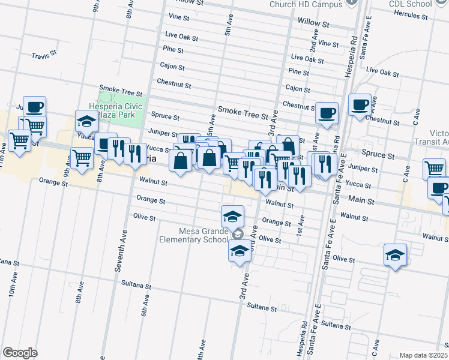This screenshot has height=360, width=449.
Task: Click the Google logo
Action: pos(20,353)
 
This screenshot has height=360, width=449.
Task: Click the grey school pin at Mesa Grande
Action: pos(238,234)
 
